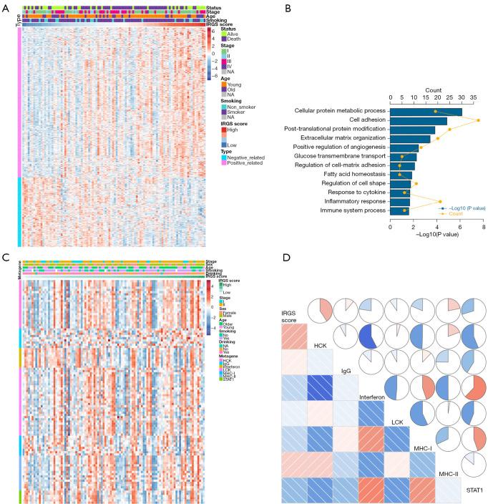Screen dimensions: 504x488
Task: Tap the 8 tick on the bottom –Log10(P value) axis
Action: pyautogui.click(x=484, y=228)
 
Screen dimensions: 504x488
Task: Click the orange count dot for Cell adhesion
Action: pyautogui.click(x=478, y=120)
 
